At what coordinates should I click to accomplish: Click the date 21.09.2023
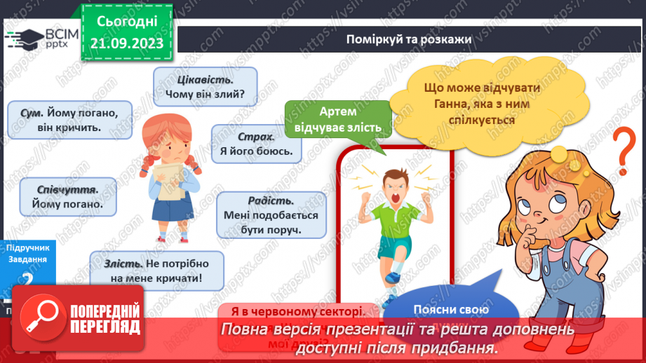(127, 43)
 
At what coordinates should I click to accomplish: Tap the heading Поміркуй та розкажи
(408, 38)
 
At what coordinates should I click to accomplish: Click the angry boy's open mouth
(394, 198)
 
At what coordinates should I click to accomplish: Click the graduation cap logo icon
(25, 37)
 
